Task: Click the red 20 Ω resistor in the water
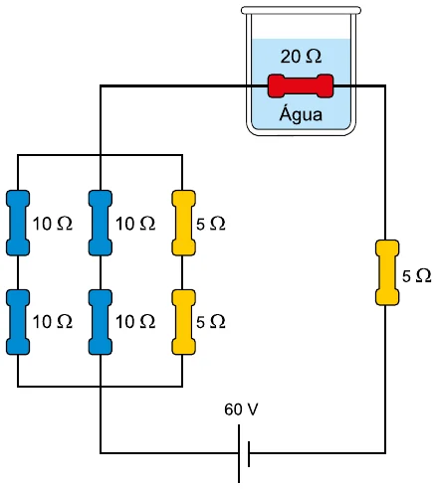(301, 86)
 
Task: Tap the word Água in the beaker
(301, 113)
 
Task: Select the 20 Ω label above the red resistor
(301, 57)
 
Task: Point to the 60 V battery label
(241, 409)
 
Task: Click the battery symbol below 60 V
(244, 453)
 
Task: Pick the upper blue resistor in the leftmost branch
(18, 223)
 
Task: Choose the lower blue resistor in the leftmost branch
(18, 322)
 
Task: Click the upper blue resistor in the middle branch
(101, 223)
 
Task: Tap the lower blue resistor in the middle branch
(101, 322)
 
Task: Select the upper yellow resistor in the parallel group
(183, 223)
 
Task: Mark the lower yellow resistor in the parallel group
(183, 322)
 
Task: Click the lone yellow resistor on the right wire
(387, 272)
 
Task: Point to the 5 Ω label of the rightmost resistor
(417, 275)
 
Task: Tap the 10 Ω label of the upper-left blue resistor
(53, 224)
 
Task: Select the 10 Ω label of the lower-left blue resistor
(53, 321)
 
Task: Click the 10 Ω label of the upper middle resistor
(135, 224)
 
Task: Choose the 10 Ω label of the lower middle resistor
(135, 321)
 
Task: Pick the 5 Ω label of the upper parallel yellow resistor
(211, 224)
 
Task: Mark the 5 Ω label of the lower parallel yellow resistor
(211, 322)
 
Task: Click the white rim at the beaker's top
(301, 10)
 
